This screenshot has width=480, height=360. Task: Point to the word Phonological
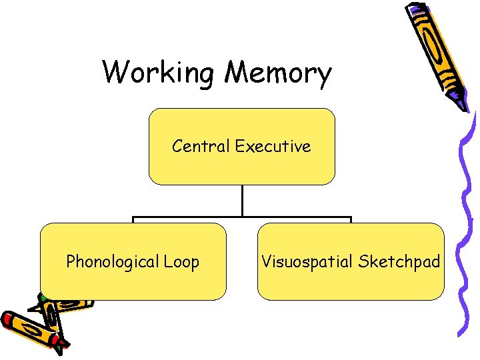point(112,262)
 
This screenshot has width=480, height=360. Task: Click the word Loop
point(181,262)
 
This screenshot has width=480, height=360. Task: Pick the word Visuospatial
point(307,261)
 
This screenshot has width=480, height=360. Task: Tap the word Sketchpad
point(399,261)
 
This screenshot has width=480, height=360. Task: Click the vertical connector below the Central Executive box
point(241,200)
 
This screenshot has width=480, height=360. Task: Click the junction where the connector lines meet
point(241,217)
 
